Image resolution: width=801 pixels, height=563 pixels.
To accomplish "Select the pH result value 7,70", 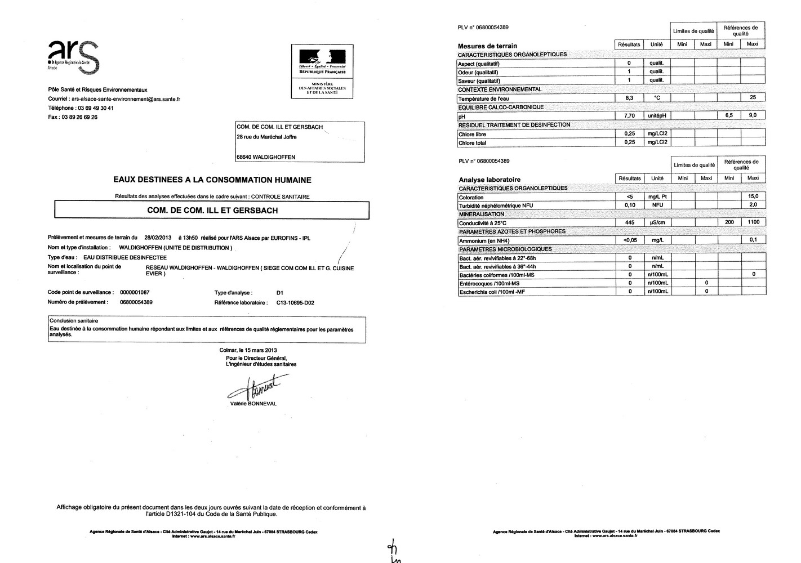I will point(629,115).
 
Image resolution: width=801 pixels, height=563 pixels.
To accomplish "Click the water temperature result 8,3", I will point(629,98).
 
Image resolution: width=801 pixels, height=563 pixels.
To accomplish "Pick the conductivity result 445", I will point(630,222).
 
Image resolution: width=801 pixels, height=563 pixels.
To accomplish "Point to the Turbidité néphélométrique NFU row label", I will point(496,205).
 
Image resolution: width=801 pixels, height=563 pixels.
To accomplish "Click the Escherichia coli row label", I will point(492,292).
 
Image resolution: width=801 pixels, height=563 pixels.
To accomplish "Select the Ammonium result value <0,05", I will point(630,240).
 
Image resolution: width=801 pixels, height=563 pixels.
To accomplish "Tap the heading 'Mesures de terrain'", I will point(487,46).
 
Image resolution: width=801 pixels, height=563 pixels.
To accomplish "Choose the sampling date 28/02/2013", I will point(157,238).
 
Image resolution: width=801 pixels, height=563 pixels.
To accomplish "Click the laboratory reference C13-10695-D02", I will point(295,303).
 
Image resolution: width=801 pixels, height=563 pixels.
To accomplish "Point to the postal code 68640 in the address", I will point(247,157).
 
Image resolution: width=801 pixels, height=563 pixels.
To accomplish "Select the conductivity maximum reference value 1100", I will point(753,222).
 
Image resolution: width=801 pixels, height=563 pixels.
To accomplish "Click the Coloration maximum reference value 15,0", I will point(753,196).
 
